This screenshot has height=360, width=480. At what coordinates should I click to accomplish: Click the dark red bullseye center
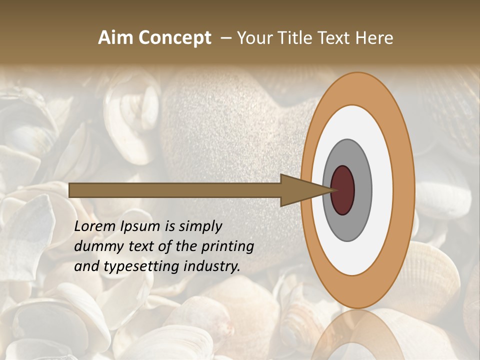tap(342, 190)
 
